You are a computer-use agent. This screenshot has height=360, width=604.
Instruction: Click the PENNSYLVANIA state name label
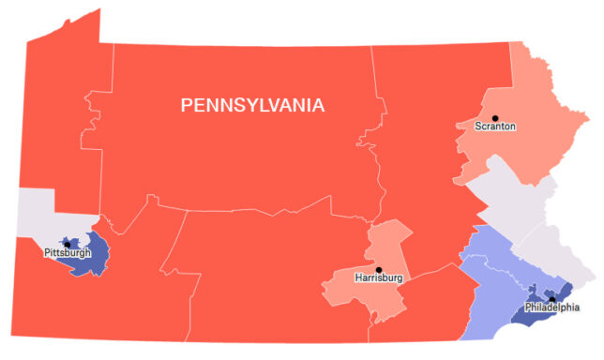(x=252, y=105)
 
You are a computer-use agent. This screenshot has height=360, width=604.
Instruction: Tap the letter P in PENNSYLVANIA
(x=186, y=105)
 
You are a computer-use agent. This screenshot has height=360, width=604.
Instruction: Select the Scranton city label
(x=495, y=127)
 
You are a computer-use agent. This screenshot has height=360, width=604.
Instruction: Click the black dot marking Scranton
(x=495, y=116)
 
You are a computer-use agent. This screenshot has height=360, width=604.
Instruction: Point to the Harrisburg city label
(x=379, y=278)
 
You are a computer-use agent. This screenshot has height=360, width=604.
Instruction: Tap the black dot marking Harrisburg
(x=379, y=269)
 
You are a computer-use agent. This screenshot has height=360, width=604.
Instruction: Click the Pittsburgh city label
(x=68, y=253)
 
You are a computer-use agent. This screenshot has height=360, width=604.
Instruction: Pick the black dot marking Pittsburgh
(x=67, y=244)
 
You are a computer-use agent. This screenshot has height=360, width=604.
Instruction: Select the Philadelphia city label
(x=551, y=307)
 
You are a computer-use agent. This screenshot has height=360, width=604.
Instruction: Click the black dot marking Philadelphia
(x=551, y=299)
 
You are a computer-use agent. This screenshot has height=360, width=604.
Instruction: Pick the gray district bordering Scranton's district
(x=511, y=192)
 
